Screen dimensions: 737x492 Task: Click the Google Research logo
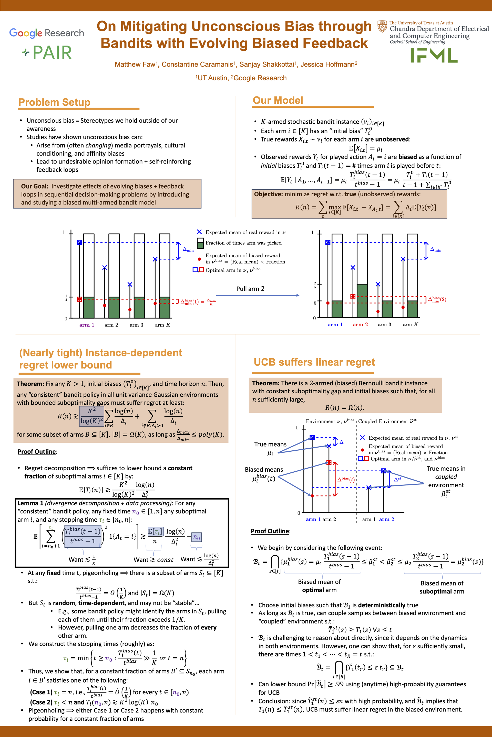coord(46,33)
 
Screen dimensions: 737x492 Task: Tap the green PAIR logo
coord(47,53)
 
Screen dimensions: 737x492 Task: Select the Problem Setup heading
coord(54,102)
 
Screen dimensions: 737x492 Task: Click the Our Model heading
coord(278,100)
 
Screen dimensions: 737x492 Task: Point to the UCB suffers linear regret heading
coord(314,362)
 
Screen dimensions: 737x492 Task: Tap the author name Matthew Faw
coord(135,64)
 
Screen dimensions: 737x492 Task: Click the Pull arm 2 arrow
coord(257,295)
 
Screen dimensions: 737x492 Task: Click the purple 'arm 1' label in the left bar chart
coord(87,325)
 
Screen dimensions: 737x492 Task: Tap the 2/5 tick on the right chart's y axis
coord(315,285)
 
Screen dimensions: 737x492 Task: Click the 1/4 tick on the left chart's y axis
coord(66,298)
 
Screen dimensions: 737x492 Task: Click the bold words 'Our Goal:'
coord(35,186)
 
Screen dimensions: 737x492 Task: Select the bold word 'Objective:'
coord(268,194)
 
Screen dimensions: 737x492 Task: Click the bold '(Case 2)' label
coord(41,702)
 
